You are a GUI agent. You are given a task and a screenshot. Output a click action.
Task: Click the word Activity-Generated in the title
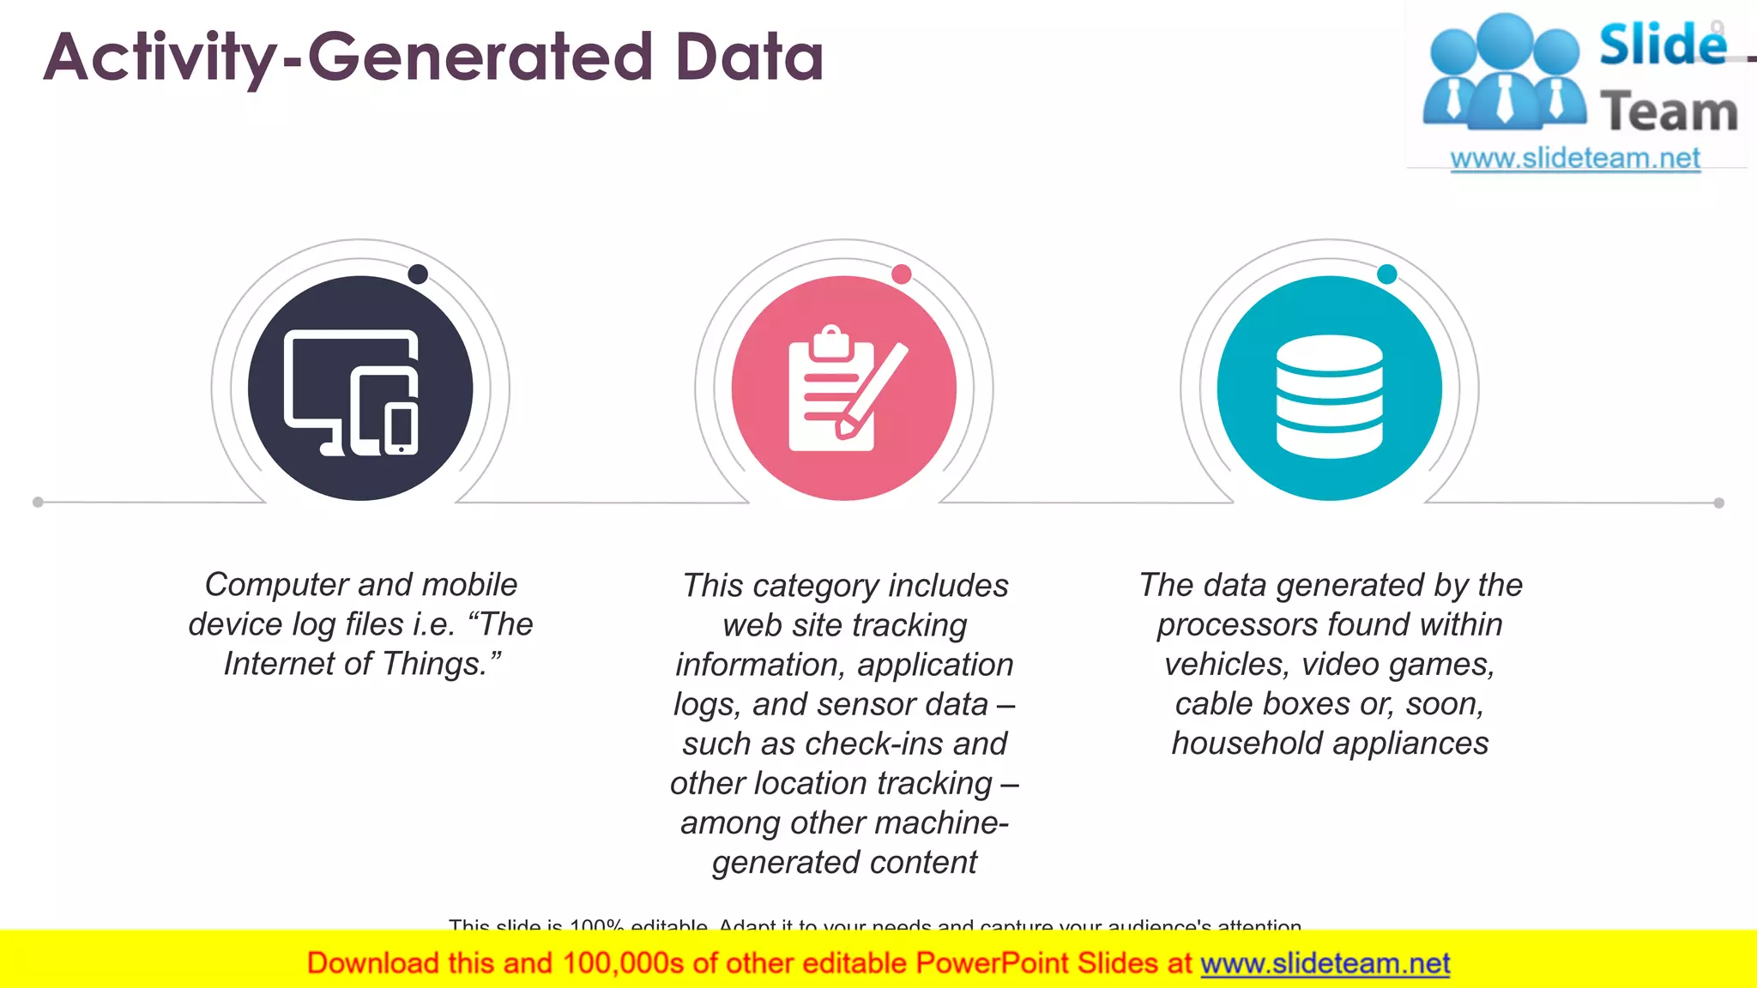click(x=347, y=57)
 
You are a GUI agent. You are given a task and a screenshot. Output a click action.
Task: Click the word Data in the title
click(x=749, y=57)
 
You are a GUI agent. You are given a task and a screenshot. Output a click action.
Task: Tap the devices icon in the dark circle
click(x=352, y=392)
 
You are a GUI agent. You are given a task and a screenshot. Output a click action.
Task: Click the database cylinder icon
click(x=1329, y=395)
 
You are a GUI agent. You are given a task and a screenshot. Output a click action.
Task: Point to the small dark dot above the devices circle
click(x=418, y=274)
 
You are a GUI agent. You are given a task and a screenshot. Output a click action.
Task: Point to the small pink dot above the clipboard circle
click(x=901, y=274)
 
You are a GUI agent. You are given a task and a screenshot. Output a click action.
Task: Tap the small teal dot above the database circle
click(x=1386, y=274)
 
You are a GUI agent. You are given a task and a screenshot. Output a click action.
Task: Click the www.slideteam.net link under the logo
click(x=1575, y=159)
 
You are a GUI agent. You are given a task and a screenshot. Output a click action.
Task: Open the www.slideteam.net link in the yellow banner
click(x=1325, y=963)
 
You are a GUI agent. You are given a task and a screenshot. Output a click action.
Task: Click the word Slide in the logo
click(x=1662, y=45)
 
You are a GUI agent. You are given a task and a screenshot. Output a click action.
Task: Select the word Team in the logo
click(x=1669, y=111)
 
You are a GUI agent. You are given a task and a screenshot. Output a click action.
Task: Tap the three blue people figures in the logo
click(x=1503, y=73)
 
